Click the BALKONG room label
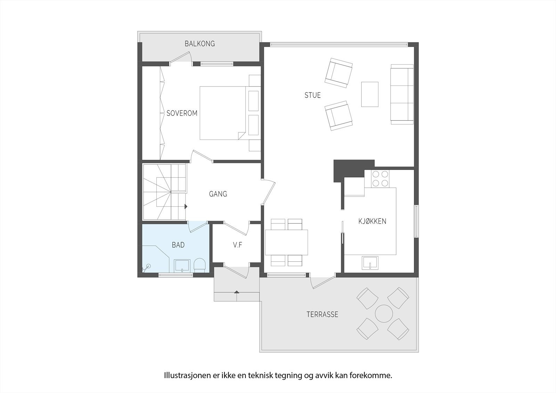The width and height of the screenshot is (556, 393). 199,44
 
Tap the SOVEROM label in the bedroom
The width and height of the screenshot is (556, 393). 182,113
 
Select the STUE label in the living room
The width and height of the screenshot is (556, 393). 312,95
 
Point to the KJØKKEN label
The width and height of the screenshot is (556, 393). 372,221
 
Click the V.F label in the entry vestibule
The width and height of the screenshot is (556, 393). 237,245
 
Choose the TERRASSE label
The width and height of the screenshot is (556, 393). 322,315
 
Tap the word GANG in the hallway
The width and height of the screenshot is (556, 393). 218,194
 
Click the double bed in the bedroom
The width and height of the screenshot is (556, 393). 222,113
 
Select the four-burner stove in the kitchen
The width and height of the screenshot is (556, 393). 380,179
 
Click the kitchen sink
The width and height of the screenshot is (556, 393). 370,263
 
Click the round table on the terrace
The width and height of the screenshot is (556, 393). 384,313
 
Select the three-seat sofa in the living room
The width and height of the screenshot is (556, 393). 402,94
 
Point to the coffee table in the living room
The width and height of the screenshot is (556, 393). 370,94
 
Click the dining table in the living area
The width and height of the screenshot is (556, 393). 286,242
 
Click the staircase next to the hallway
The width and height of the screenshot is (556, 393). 164,192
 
